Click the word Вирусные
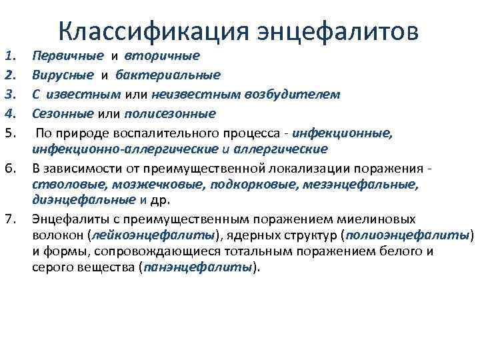point(61,75)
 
